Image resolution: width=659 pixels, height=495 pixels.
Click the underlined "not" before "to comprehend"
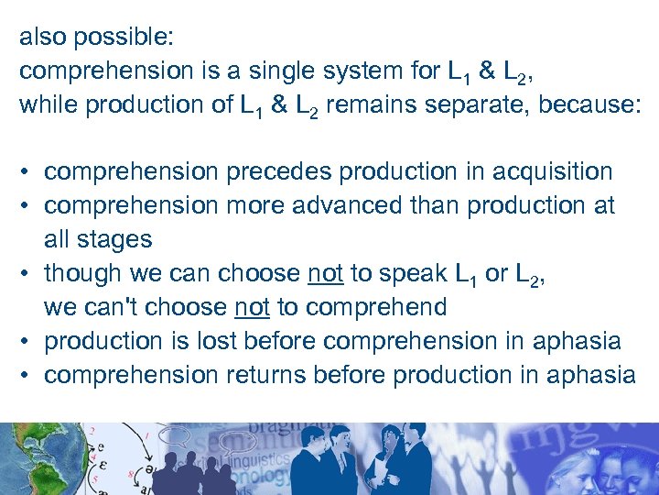click(x=253, y=307)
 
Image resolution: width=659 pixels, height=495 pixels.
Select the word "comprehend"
click(x=374, y=307)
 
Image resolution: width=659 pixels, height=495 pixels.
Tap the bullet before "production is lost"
click(x=28, y=341)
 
